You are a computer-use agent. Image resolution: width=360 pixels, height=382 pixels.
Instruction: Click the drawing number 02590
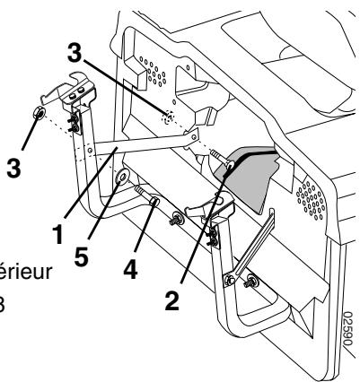click(x=347, y=344)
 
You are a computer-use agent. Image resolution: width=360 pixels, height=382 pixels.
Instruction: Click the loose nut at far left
click(x=40, y=114)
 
